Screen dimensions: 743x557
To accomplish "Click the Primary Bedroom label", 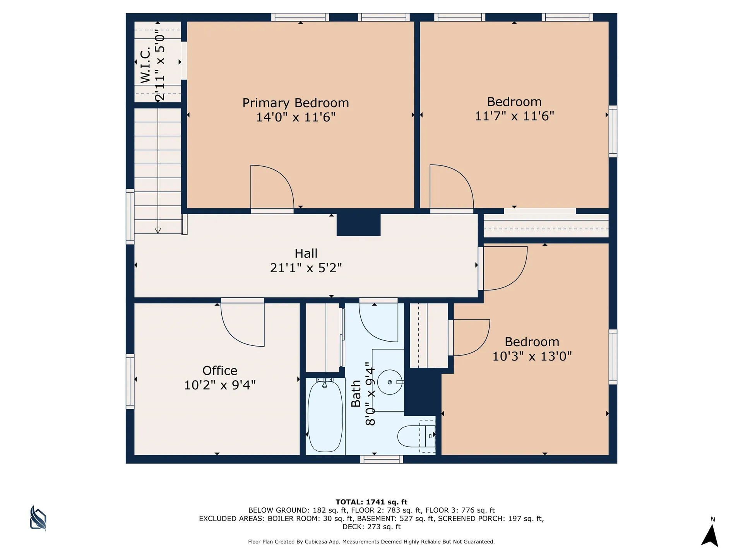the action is [x=296, y=103].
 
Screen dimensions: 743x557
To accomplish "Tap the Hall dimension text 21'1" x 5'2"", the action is [x=306, y=268].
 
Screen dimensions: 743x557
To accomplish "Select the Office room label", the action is [x=220, y=371].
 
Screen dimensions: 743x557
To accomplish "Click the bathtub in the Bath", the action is [x=325, y=416].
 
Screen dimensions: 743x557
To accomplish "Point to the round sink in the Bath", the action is [x=390, y=382].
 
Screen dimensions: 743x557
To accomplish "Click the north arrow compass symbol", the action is [x=710, y=535].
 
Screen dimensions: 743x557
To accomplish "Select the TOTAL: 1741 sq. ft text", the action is [x=371, y=502].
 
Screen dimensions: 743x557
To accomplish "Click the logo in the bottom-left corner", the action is [x=38, y=518].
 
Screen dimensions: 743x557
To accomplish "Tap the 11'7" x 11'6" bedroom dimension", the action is [x=514, y=116].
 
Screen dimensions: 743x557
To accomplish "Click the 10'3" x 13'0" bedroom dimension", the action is [x=532, y=356].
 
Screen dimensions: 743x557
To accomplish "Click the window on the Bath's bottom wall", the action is [x=382, y=459].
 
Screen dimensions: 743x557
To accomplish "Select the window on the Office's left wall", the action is [x=130, y=381].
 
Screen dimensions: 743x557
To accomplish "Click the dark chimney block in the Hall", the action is [x=358, y=224].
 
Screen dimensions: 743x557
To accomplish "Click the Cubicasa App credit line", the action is [x=371, y=542].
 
